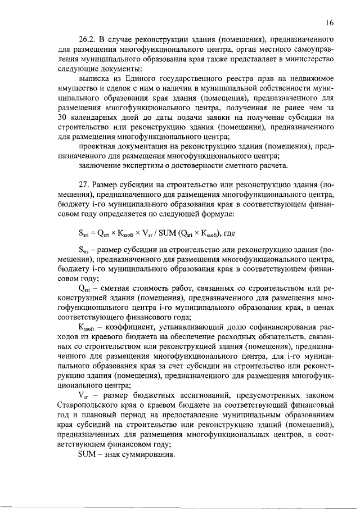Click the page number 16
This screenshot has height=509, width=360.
pos(330,22)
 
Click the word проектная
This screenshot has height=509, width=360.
pos(98,146)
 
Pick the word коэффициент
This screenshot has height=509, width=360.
pos(128,327)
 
